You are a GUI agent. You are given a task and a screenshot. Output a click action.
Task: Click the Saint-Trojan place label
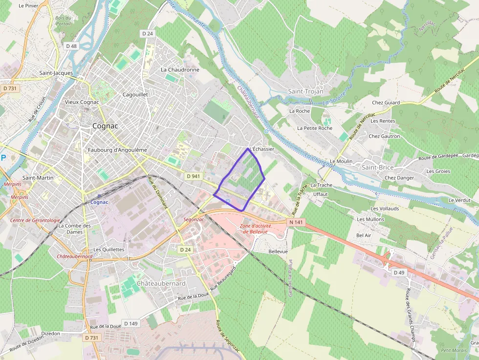pyautogui.click(x=305, y=91)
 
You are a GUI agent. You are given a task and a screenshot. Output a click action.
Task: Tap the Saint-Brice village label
pyautogui.click(x=377, y=167)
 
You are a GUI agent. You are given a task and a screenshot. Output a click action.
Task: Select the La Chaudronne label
pyautogui.click(x=180, y=69)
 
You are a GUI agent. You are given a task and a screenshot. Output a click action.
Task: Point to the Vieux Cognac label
pyautogui.click(x=82, y=102)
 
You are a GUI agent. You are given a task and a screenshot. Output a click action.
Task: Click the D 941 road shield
pyautogui.click(x=194, y=176)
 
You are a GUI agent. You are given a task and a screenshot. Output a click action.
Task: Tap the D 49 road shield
pyautogui.click(x=399, y=273)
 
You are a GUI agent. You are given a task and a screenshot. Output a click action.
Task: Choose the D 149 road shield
pyautogui.click(x=131, y=323)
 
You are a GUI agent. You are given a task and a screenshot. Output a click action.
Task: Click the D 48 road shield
pyautogui.click(x=71, y=46)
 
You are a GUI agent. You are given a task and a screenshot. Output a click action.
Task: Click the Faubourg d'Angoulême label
pyautogui.click(x=118, y=150)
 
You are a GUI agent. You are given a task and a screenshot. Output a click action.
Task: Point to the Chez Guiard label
pyautogui.click(x=386, y=103)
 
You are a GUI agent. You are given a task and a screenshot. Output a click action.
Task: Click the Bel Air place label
pyautogui.click(x=364, y=235)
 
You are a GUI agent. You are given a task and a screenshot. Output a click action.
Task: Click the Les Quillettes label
pyautogui.click(x=109, y=249)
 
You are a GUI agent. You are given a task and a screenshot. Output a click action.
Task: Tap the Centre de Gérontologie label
pyautogui.click(x=35, y=220)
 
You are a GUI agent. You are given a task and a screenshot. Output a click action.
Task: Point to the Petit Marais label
pyautogui.click(x=453, y=350)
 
